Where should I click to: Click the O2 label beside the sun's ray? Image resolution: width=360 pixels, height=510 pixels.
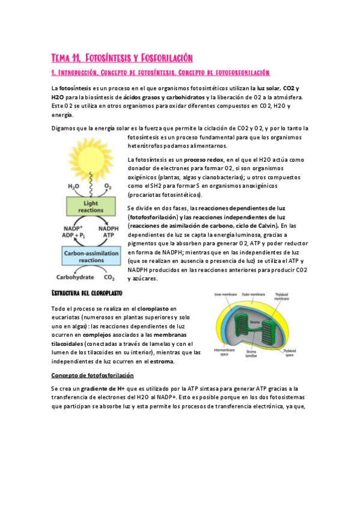(x=108, y=187)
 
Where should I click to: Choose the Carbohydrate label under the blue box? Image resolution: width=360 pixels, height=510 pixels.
(x=74, y=278)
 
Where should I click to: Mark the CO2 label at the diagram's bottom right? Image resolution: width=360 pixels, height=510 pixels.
(x=109, y=278)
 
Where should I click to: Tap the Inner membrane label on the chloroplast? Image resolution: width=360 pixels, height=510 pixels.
(x=224, y=294)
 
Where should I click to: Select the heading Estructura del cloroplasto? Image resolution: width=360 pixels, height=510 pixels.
(x=87, y=293)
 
